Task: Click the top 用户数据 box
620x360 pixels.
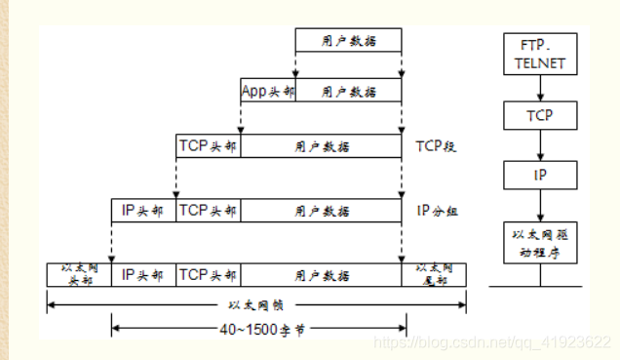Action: [348, 41]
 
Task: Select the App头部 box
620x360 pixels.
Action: [267, 91]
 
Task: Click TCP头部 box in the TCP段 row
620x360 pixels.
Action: [208, 146]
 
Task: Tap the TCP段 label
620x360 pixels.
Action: [436, 147]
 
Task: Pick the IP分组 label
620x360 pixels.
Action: [436, 210]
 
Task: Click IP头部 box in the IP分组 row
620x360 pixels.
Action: [143, 210]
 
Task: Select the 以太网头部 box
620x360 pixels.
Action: [79, 273]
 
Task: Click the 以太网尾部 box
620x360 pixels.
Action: [434, 273]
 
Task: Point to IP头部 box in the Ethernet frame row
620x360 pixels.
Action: [143, 274]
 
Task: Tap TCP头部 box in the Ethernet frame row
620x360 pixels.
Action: [208, 274]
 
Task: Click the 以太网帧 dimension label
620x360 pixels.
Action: [255, 304]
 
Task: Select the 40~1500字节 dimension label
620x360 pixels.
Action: [255, 330]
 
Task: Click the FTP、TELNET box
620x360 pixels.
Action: [539, 56]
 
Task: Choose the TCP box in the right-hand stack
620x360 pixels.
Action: [539, 115]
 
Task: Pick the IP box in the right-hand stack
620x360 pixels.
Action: [539, 176]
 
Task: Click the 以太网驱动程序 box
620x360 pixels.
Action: [539, 243]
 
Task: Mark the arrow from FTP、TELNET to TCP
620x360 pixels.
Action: [539, 89]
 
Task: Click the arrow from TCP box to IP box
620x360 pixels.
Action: [539, 146]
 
